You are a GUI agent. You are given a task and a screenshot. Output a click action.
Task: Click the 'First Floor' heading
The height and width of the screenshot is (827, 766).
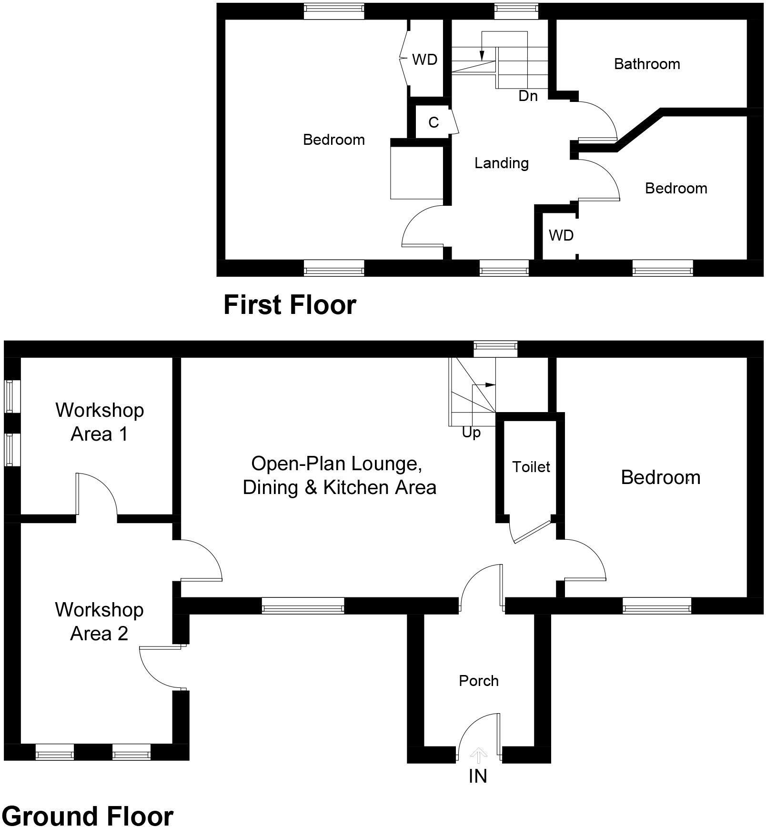[290, 305]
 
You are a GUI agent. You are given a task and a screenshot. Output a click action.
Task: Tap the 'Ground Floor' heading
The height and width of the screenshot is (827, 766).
[88, 816]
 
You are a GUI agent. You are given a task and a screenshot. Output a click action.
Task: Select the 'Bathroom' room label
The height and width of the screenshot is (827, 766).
[646, 64]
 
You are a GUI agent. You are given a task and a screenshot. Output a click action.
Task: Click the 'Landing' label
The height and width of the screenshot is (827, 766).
[501, 163]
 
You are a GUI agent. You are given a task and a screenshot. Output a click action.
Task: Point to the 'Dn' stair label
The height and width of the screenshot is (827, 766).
[528, 96]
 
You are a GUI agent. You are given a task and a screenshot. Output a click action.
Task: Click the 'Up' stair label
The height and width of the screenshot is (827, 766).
[471, 433]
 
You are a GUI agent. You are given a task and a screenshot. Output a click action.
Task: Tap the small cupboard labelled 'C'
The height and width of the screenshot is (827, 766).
[433, 122]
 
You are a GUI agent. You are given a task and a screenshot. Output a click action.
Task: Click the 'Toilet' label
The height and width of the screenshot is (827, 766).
[531, 467]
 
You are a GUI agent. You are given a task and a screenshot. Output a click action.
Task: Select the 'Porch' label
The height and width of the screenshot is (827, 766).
[478, 681]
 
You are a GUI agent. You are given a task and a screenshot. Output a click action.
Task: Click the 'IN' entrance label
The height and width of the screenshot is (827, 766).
[478, 777]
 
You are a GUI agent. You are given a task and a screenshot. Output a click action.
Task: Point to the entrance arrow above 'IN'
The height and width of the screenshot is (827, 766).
[478, 755]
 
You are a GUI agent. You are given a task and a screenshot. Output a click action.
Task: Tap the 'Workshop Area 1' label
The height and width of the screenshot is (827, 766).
[99, 422]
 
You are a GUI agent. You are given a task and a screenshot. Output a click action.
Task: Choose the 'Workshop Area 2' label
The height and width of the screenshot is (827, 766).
[99, 621]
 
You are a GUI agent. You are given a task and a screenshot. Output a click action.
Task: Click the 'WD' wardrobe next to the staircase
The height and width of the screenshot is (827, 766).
[424, 60]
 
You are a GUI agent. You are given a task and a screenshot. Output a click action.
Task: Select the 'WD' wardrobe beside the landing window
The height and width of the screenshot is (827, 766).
[561, 235]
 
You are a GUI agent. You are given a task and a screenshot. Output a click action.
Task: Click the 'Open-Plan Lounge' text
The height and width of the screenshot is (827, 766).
[336, 464]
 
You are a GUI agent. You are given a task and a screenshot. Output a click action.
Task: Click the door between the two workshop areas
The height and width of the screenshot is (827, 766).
[95, 495]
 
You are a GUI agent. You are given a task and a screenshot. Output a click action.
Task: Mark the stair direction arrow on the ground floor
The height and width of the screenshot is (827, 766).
[490, 384]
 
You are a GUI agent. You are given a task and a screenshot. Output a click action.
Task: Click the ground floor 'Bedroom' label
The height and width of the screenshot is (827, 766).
[660, 477]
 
